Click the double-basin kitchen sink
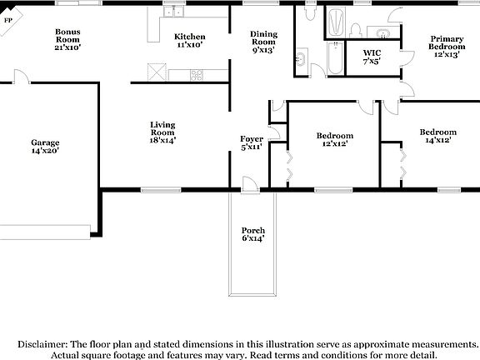[173, 12]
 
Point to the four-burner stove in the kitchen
[197, 74]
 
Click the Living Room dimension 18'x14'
[162, 141]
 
